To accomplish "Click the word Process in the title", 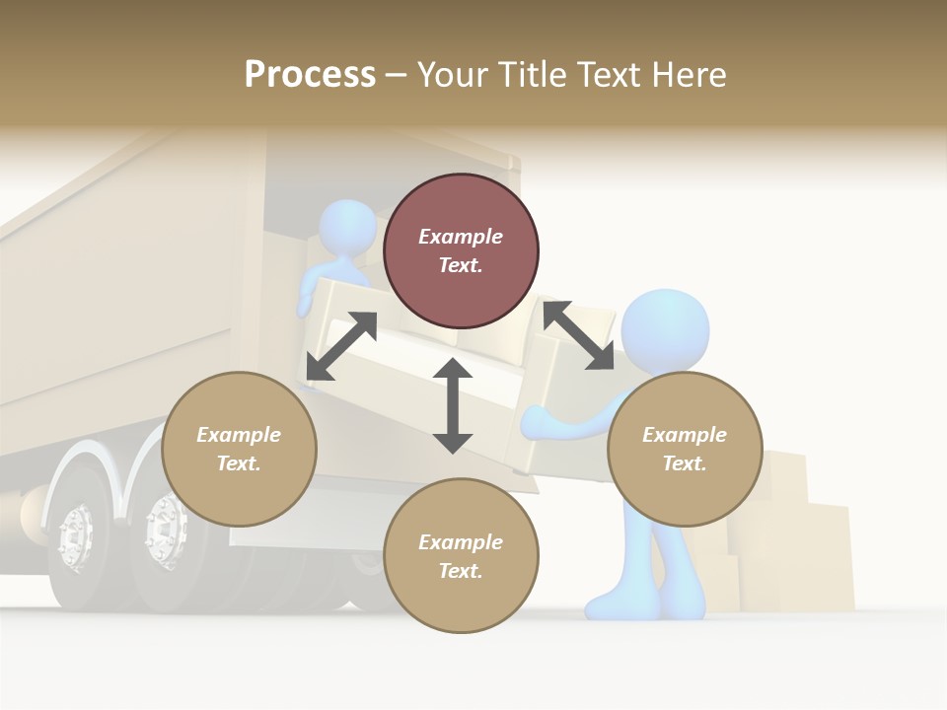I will coord(310,75).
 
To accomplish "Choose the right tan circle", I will coord(685,488).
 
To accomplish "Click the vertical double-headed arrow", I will coord(453,406).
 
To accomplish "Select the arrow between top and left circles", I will coord(341,346).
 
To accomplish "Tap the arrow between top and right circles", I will coord(578,335).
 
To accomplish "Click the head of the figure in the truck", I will coord(347,227).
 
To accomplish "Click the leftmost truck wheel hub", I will coord(76,537).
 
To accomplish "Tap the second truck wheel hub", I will coord(164,532).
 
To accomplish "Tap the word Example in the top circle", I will coord(461,237).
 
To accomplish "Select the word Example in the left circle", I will coord(239,435).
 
